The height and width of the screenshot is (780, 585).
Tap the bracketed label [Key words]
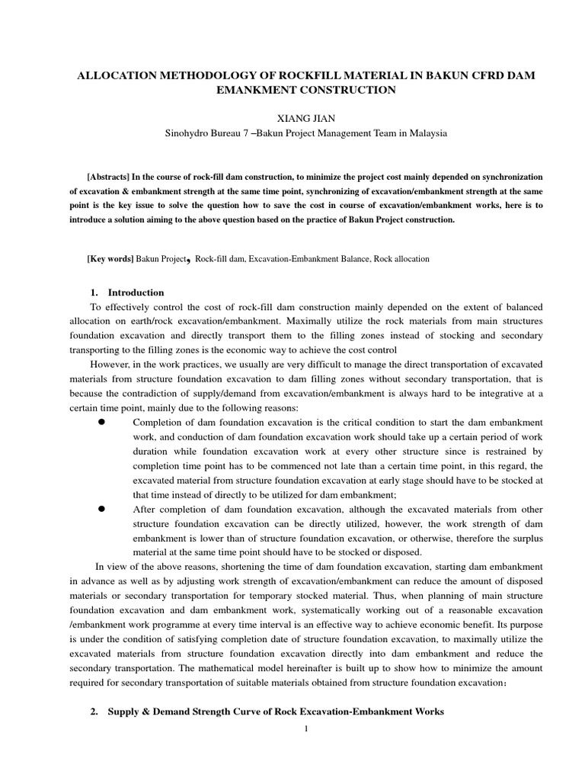click(x=110, y=259)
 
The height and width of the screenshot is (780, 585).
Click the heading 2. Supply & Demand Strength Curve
click(x=267, y=711)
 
